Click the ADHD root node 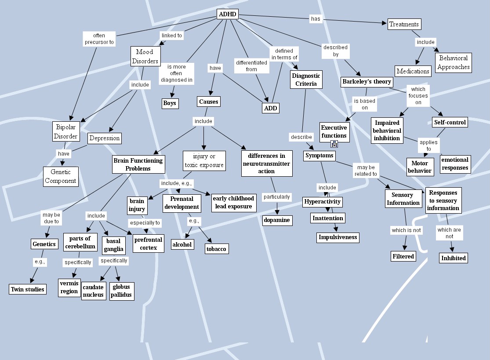(x=228, y=15)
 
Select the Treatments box (x=404, y=24)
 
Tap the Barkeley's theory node (x=366, y=82)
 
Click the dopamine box (x=277, y=220)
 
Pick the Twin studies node (x=27, y=289)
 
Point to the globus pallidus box (x=121, y=291)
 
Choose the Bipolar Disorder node (x=65, y=131)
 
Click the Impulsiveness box (x=338, y=237)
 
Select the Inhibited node (x=453, y=258)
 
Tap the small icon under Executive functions (x=334, y=143)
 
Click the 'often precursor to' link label (x=99, y=39)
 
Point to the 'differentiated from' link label (x=251, y=66)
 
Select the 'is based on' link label (x=365, y=104)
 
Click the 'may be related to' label (x=366, y=171)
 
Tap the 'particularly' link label (x=276, y=197)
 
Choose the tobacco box (x=217, y=249)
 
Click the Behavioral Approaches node (x=454, y=62)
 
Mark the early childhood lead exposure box (x=233, y=202)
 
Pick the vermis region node (x=69, y=287)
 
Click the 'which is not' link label (x=406, y=230)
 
